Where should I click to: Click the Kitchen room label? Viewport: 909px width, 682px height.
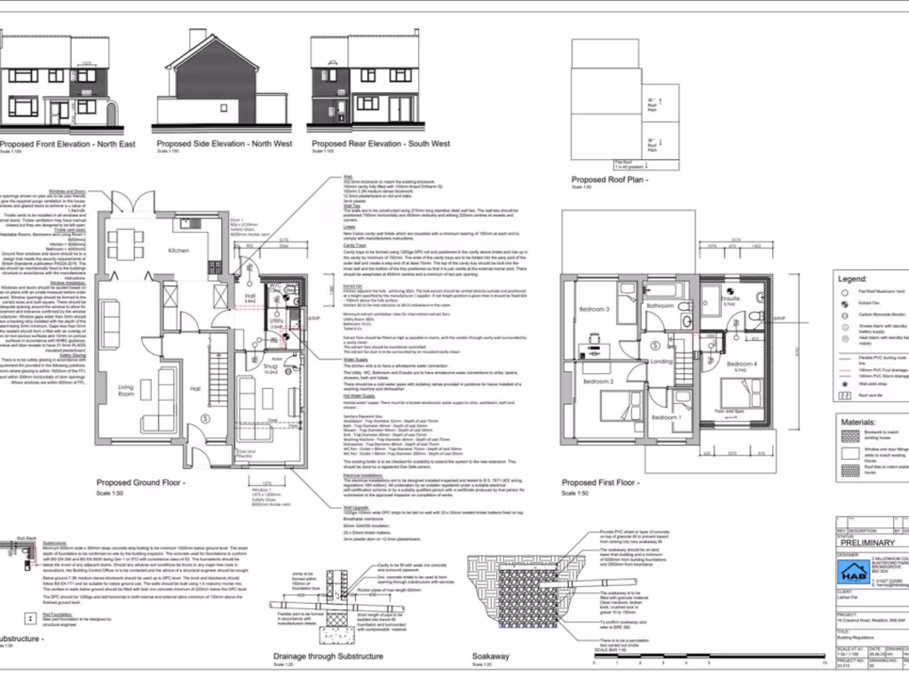tap(178, 250)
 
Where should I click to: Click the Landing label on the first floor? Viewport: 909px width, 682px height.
tap(661, 361)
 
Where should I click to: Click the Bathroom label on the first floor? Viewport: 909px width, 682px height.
tap(660, 305)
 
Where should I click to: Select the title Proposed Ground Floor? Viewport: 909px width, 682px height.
tap(140, 484)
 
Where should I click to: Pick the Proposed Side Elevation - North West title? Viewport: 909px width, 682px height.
tap(224, 144)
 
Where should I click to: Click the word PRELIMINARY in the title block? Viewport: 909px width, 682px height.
tap(866, 543)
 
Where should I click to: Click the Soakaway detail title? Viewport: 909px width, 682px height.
tap(491, 658)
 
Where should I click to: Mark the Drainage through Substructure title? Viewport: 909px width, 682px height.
tap(329, 657)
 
